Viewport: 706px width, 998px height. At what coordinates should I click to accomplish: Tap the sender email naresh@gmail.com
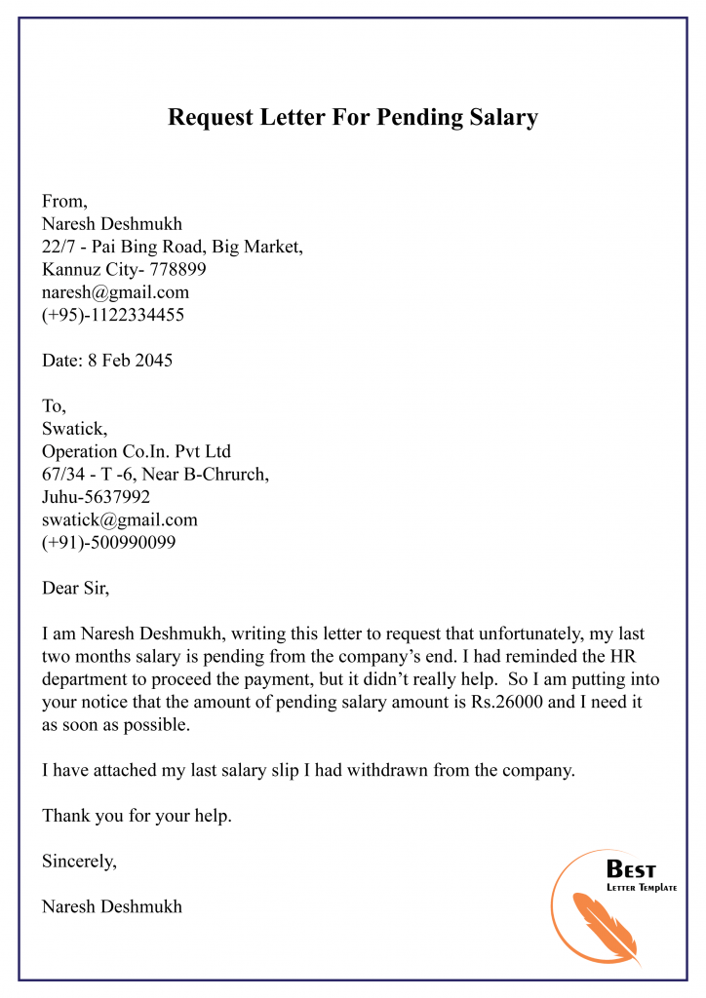(x=115, y=291)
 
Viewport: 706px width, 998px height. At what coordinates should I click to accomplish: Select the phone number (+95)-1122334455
(x=113, y=315)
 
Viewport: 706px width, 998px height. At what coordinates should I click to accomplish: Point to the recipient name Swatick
(x=68, y=429)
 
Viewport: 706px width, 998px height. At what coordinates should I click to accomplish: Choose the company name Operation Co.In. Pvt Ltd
(x=136, y=451)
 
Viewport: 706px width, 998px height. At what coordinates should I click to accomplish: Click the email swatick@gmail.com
(x=119, y=519)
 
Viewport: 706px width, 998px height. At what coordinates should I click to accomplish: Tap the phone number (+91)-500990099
(x=108, y=542)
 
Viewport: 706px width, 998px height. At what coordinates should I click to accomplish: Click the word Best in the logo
(x=631, y=869)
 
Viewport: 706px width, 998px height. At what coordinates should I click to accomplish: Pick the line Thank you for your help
(x=137, y=816)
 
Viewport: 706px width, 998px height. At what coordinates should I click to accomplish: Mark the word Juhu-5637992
(x=96, y=497)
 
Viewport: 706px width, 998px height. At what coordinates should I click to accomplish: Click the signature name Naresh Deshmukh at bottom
(x=111, y=906)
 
